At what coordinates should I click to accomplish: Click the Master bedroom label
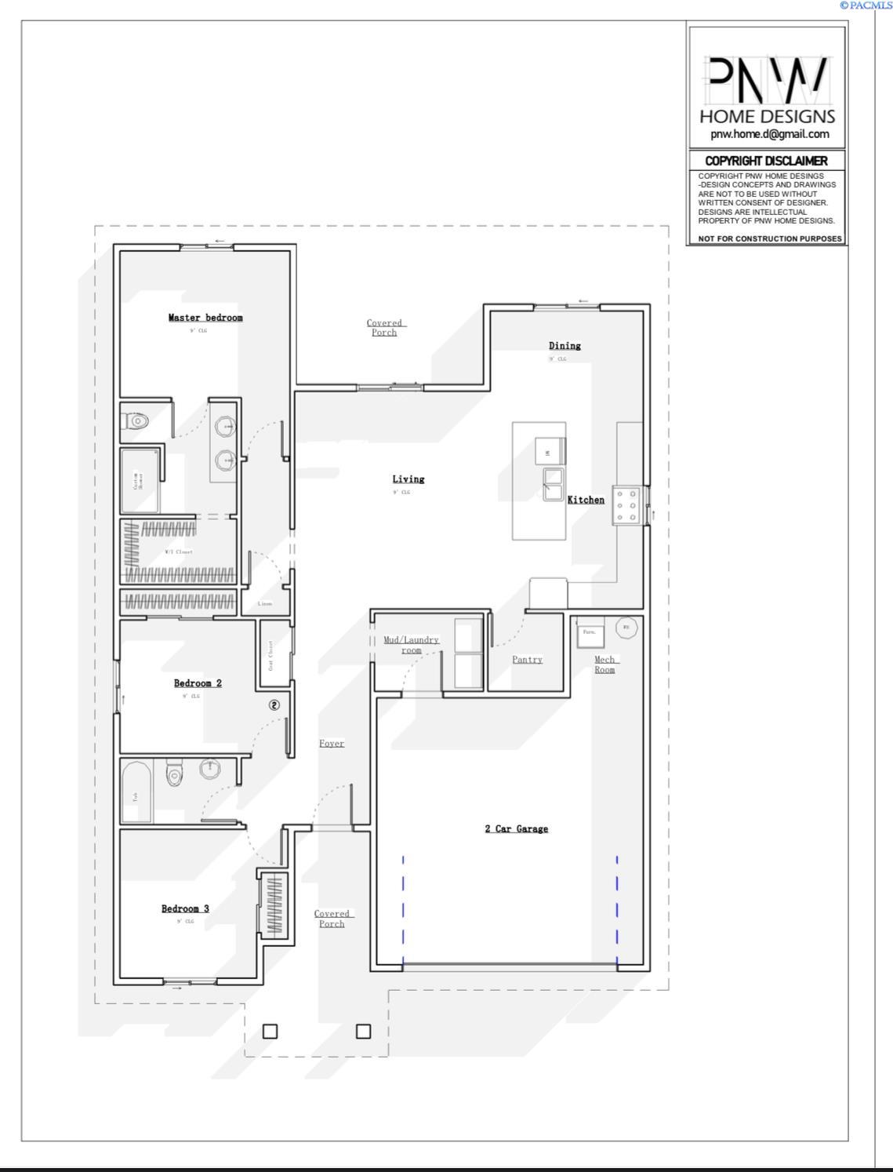point(205,318)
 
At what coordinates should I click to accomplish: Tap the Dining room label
point(564,346)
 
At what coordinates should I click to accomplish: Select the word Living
point(408,479)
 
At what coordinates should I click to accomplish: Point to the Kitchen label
point(586,500)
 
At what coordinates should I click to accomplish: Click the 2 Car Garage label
point(516,829)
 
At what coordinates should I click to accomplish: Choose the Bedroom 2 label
point(198,683)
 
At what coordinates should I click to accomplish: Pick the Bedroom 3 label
point(185,909)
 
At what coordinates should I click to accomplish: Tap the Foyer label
point(332,744)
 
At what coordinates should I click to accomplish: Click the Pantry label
point(527,660)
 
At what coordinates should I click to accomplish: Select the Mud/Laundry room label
point(412,645)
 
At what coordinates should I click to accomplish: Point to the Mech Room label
point(604,664)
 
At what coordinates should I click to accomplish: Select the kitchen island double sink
point(554,484)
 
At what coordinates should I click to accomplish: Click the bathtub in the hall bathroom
point(136,792)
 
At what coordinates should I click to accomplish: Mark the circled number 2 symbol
point(274,705)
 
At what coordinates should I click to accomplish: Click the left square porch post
point(270,1031)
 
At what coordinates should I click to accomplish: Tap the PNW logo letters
point(767,80)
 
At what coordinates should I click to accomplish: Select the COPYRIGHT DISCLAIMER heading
point(766,161)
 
